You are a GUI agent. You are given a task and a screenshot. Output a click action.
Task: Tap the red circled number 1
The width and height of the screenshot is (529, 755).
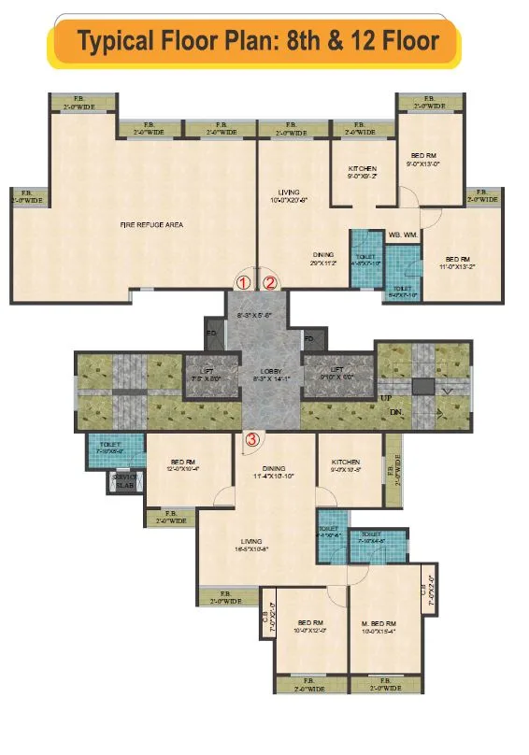pyautogui.click(x=244, y=280)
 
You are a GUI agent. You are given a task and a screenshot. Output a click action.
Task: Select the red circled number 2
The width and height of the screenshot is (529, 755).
pyautogui.click(x=270, y=280)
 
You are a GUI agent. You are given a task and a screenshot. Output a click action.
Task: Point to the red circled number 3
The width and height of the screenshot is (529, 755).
pyautogui.click(x=251, y=437)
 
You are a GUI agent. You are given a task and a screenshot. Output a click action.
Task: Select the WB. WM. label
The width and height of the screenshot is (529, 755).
pyautogui.click(x=403, y=235)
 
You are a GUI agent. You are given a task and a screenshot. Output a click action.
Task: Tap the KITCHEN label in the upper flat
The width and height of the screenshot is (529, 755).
pyautogui.click(x=363, y=169)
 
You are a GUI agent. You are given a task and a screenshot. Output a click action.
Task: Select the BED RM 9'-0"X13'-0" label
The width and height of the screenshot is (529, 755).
pyautogui.click(x=424, y=156)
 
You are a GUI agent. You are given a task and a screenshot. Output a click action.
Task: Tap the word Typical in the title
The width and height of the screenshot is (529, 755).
pyautogui.click(x=118, y=42)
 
